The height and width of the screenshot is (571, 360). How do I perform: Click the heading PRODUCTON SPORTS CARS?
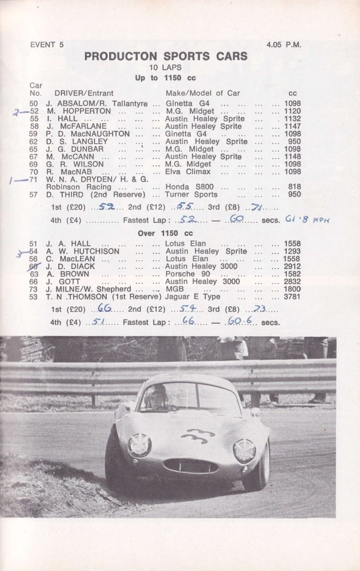pos(166,56)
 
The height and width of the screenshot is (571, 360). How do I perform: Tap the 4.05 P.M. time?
pos(285,44)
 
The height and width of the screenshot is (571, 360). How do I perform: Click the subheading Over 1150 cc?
pos(166,233)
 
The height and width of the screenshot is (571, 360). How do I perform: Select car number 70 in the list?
pos(34,171)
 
